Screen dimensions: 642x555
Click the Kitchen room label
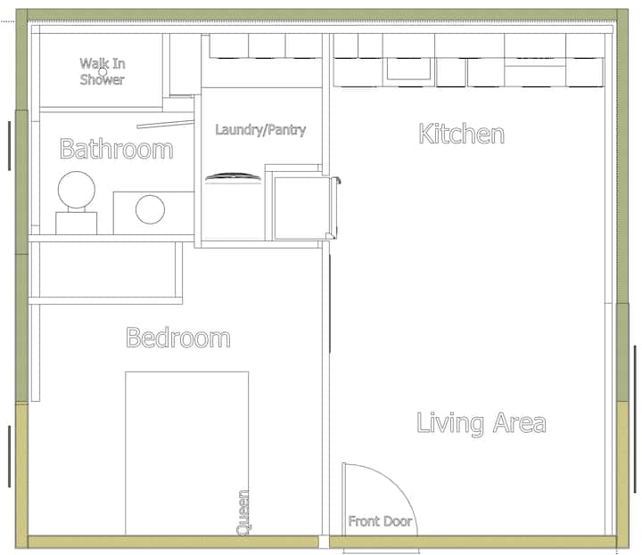tap(462, 134)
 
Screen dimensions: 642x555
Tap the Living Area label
tap(481, 423)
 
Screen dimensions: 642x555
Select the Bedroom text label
tap(178, 338)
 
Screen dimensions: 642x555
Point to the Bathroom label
tap(116, 149)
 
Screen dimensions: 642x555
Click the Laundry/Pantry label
tap(260, 130)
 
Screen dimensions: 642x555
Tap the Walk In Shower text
tap(103, 71)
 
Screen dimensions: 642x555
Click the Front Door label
tap(380, 521)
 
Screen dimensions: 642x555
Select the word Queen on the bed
tap(243, 512)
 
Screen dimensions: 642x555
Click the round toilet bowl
tap(77, 190)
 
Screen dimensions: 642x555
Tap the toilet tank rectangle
tap(76, 223)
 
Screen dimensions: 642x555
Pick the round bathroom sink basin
tap(151, 209)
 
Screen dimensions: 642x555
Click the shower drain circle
tap(103, 72)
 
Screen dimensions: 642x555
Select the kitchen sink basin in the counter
tap(408, 69)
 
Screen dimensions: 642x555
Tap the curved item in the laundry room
tap(233, 176)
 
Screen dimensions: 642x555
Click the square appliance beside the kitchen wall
tap(305, 208)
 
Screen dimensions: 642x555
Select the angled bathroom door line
tap(165, 125)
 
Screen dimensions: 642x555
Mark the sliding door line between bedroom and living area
tap(330, 303)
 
